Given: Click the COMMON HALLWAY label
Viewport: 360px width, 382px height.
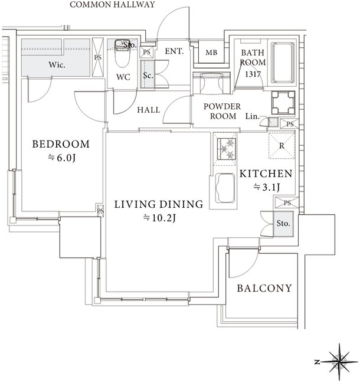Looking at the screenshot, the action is tap(112, 4).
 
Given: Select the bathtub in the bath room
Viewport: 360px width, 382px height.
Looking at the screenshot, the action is tap(283, 63).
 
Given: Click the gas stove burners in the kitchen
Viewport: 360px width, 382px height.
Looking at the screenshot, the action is tap(227, 149).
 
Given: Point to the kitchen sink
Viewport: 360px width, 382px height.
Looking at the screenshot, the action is tap(225, 188).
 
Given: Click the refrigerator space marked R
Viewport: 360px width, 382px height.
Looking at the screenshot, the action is tap(282, 146).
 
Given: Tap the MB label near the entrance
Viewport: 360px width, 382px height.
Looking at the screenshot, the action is tap(211, 53).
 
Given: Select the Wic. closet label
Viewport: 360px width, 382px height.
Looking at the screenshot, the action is tap(57, 65).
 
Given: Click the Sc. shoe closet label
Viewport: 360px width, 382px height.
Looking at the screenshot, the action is tap(148, 76).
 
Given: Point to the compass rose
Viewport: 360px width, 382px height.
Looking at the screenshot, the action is tap(339, 362).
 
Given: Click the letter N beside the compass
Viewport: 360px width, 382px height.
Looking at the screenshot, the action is tap(317, 363).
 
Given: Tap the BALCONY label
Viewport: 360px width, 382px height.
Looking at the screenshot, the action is tap(264, 288).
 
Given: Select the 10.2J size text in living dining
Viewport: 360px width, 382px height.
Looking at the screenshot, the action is tap(159, 218).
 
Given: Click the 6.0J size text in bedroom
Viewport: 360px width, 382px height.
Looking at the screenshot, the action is tap(61, 158).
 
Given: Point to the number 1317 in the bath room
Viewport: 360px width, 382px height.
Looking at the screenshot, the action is tap(253, 74).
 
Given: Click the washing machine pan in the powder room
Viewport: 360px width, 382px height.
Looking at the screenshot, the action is tap(283, 103).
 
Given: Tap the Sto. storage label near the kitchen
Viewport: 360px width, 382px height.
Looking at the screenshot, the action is tap(283, 223).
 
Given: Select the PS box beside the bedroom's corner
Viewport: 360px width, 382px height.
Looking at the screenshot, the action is tap(100, 211).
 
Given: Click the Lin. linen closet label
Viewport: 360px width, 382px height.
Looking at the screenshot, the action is tap(253, 116).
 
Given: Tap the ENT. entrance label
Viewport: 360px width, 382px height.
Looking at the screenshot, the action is tap(174, 51).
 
